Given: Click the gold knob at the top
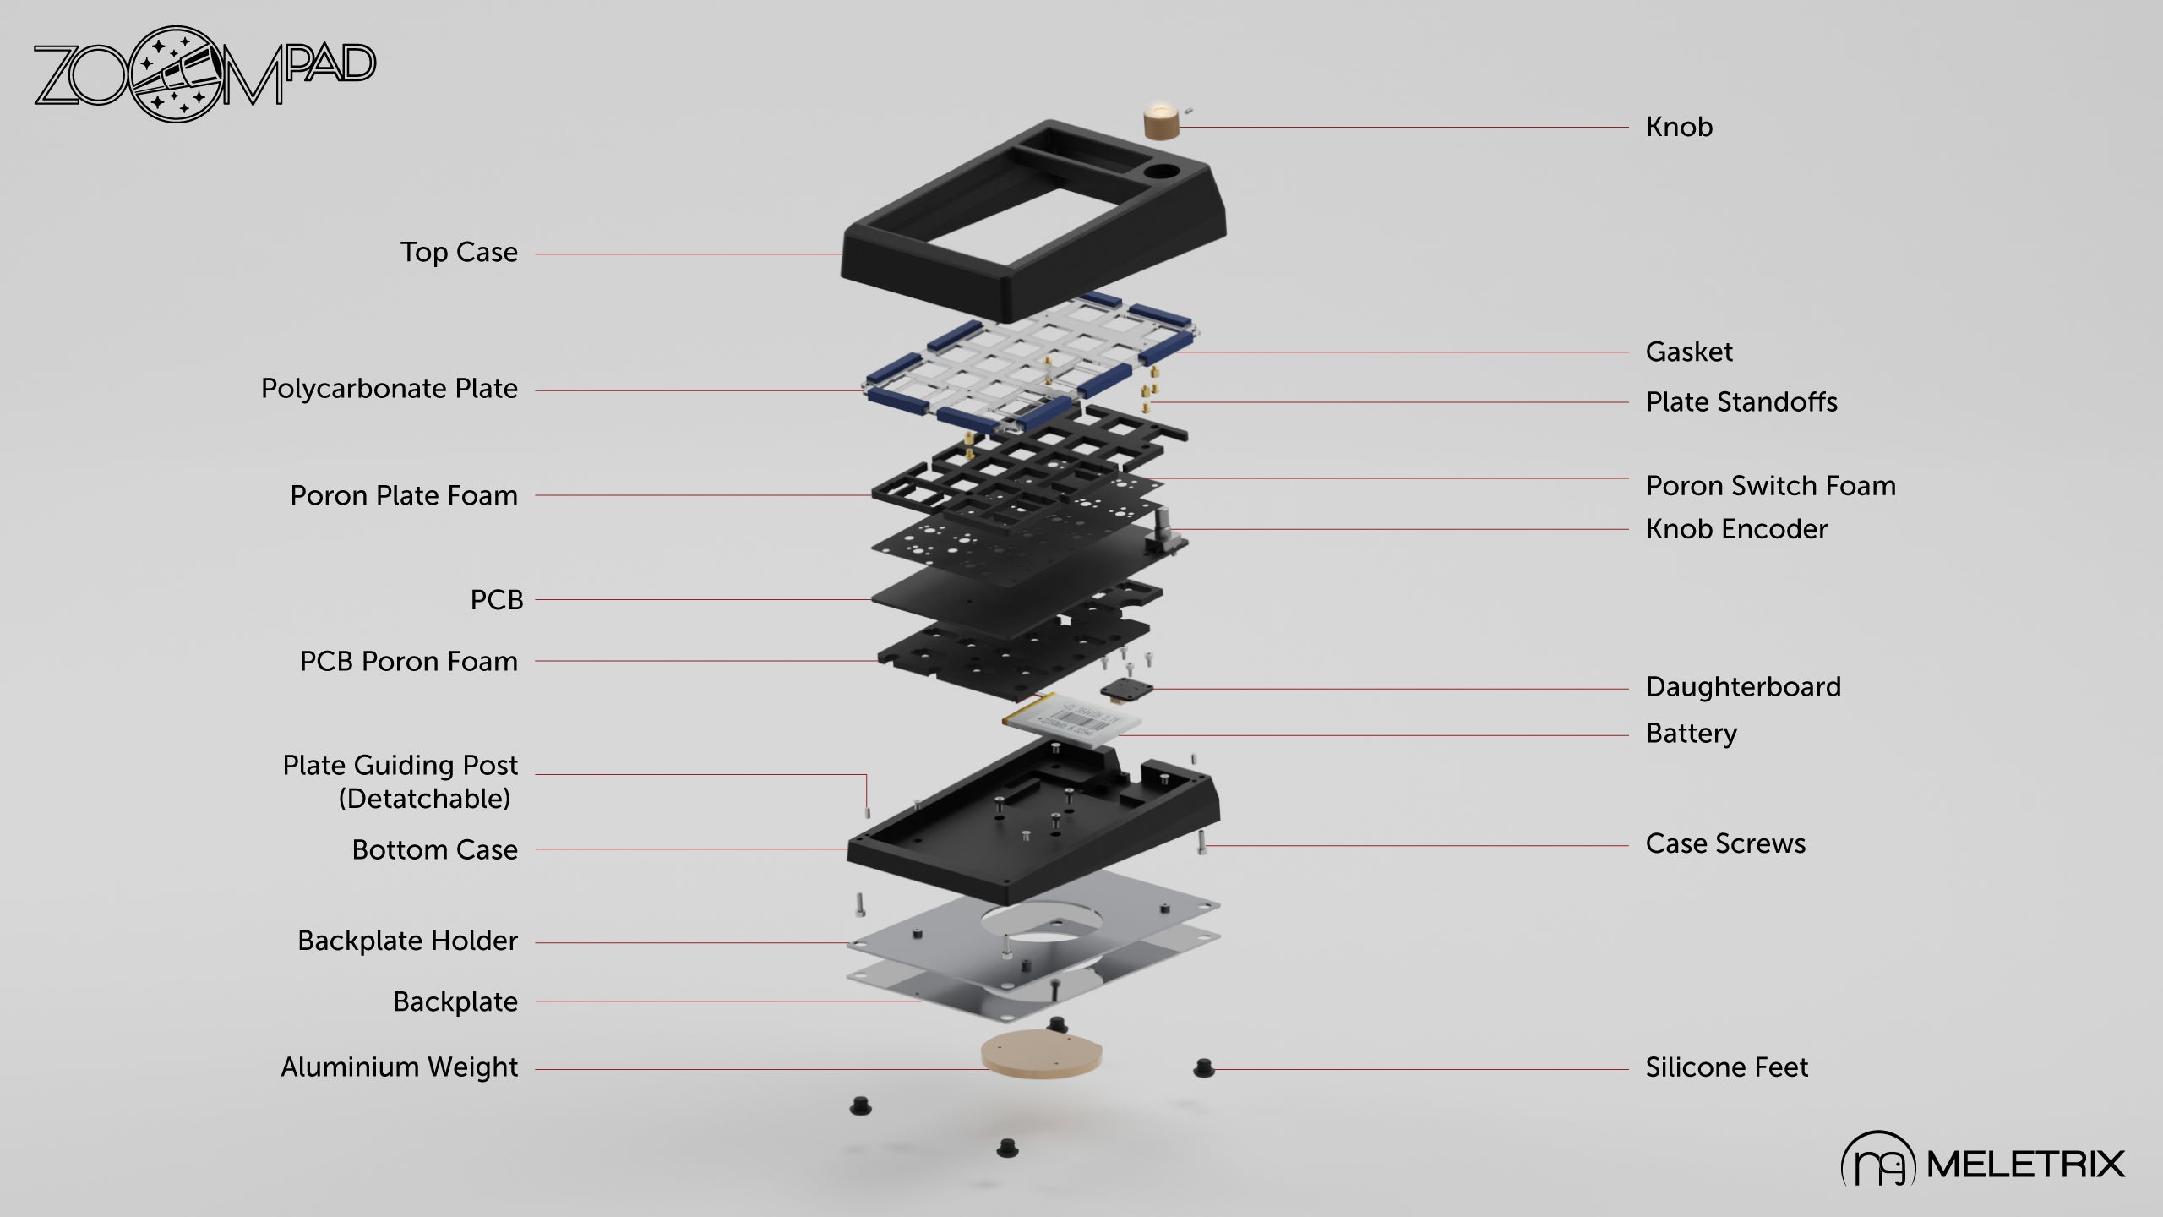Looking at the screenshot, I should click(x=1159, y=122).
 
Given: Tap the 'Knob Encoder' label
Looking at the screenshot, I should click(x=1735, y=529).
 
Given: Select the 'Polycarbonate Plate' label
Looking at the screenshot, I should click(x=389, y=389).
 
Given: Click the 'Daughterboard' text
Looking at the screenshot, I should click(x=1742, y=687).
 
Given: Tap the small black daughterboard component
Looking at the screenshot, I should click(x=1125, y=690).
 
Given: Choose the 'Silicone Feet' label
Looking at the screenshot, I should click(x=1726, y=1067).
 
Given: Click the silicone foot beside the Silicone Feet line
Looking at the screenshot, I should click(x=1203, y=1068).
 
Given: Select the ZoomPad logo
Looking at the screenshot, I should click(x=204, y=74).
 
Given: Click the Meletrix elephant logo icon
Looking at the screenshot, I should click(x=1877, y=1163).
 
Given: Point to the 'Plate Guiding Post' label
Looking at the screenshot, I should click(x=400, y=766).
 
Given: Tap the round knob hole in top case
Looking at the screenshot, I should click(x=1162, y=172).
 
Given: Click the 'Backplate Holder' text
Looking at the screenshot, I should click(x=407, y=941).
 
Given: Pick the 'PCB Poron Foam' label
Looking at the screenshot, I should click(x=408, y=662).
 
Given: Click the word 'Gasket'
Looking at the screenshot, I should click(x=1688, y=352).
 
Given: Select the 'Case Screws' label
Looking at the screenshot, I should click(x=1724, y=843).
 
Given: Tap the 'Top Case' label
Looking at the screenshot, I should click(x=459, y=253).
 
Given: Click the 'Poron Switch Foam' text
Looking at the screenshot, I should click(x=1770, y=486).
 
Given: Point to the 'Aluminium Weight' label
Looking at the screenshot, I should click(x=399, y=1067).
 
